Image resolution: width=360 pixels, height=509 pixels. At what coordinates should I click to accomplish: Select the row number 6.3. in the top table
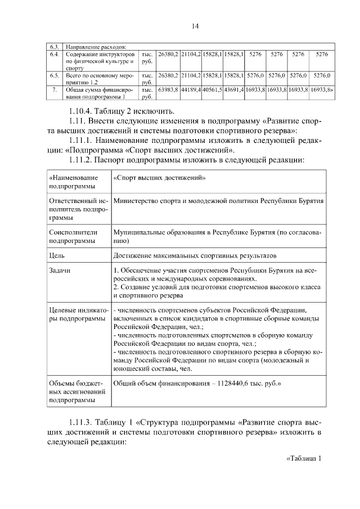[55, 46]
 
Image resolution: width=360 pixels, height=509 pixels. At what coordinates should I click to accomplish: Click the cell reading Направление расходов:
[95, 46]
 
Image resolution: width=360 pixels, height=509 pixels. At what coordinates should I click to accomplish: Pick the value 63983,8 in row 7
[168, 89]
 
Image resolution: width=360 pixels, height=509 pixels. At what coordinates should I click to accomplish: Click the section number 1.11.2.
[82, 160]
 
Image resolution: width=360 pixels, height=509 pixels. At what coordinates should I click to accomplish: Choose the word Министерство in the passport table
[138, 200]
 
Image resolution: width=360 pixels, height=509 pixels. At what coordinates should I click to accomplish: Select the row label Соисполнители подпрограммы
[74, 236]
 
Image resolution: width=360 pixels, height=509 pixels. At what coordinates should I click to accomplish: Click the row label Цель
[57, 255]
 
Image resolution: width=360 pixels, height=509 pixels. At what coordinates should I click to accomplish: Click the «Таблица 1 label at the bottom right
[303, 458]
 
